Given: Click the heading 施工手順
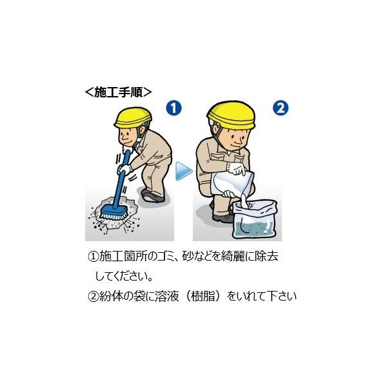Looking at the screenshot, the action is point(118,92).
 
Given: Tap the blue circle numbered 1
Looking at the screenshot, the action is point(174,108).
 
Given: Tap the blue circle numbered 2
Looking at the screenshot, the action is point(281,108).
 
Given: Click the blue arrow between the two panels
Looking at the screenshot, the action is point(184,171).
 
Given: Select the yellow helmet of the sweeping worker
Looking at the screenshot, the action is point(132,118).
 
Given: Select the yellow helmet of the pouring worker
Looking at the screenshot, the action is point(231,115).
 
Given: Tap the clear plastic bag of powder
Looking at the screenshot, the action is point(254,219).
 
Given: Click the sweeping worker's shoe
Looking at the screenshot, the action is point(152,196).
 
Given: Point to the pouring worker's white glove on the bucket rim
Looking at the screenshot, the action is point(236,168).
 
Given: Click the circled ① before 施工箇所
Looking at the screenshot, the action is point(94,257).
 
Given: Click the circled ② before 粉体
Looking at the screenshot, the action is point(94,296).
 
